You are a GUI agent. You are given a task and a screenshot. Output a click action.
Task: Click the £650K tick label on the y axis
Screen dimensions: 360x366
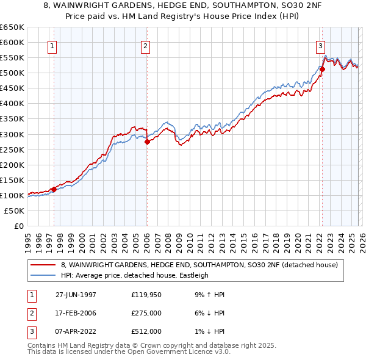click(12, 27)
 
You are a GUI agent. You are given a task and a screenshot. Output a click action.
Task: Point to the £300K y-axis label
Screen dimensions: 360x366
click(12, 134)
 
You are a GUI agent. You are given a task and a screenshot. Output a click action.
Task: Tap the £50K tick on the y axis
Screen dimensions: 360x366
click(14, 211)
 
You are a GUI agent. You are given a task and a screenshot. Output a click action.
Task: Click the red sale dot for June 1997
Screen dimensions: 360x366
click(54, 189)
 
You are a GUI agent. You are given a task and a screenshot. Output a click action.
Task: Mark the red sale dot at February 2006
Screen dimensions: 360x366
click(147, 142)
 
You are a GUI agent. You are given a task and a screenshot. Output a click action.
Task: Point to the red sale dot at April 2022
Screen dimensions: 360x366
click(322, 69)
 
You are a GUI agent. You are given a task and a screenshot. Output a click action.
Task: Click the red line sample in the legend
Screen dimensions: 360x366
click(43, 264)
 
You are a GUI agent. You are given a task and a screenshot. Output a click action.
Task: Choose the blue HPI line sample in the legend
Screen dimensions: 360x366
click(43, 275)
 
